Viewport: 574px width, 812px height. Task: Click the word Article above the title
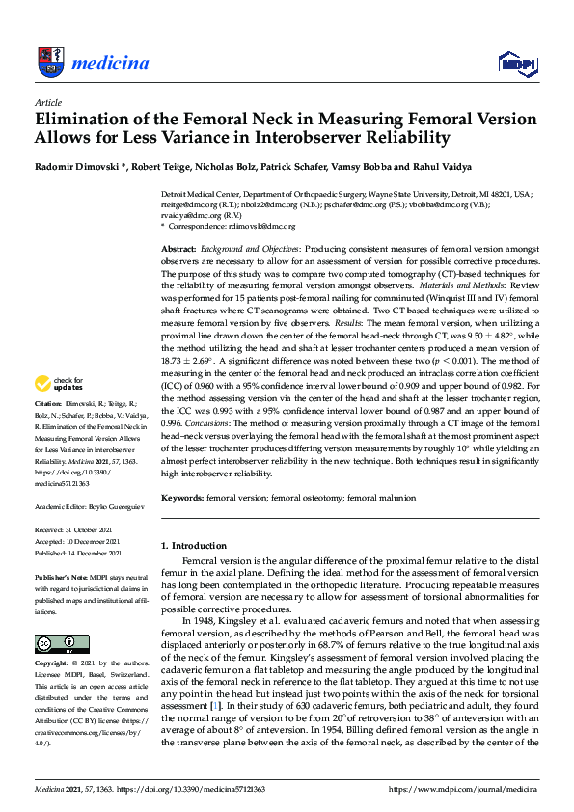[x=47, y=102]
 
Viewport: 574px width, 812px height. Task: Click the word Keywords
[x=182, y=498]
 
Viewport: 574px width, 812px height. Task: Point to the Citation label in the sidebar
[x=49, y=428]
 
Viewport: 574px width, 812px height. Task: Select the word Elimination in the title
[x=81, y=121]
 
